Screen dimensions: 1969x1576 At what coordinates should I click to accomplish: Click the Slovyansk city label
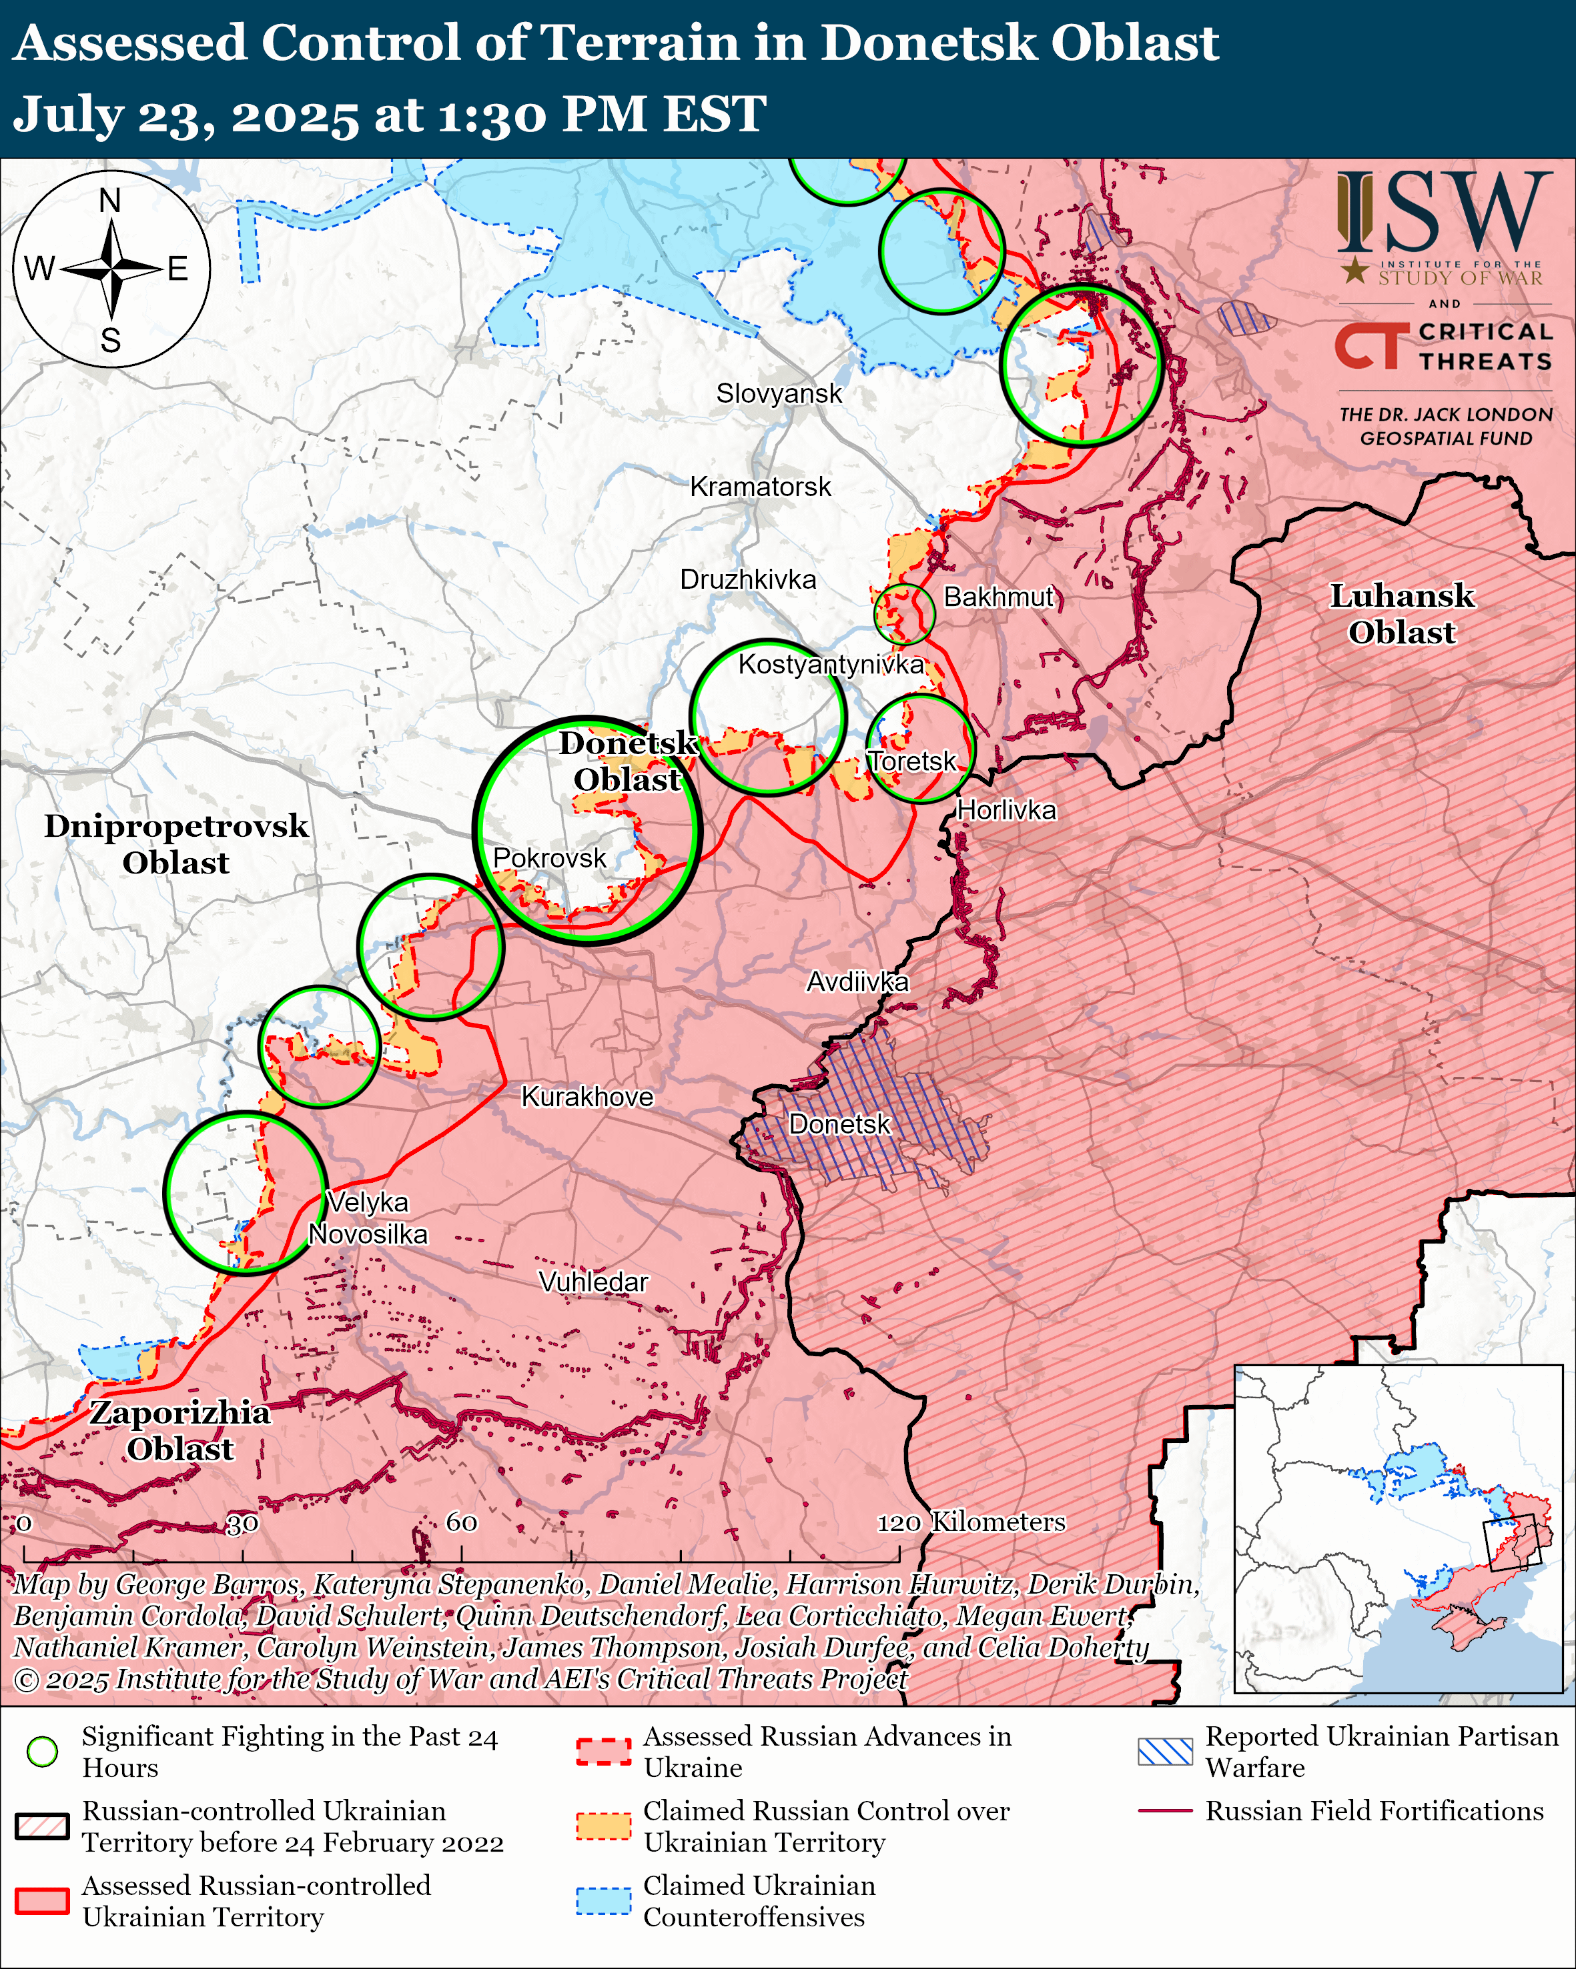[779, 393]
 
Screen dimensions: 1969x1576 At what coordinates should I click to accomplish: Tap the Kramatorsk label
[760, 487]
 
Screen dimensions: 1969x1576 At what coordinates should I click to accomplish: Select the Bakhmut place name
[999, 597]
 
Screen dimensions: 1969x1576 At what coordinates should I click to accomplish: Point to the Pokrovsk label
[549, 858]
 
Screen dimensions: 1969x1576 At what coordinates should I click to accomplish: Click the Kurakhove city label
[586, 1097]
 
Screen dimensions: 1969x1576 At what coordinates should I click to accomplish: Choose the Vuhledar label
[593, 1282]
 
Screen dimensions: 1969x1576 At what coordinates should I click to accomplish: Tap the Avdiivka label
[857, 981]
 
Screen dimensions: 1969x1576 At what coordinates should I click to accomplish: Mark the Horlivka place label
[1006, 810]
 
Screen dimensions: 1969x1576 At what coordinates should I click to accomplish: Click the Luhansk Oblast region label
[1401, 613]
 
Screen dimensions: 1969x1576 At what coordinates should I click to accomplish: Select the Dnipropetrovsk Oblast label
[176, 844]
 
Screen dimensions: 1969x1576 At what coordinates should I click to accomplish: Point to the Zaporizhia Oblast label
[180, 1430]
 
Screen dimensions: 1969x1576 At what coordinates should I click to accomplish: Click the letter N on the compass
[109, 201]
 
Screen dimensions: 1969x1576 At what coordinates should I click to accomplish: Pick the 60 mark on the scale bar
[461, 1522]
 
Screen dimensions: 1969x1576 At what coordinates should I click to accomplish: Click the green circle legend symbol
[42, 1752]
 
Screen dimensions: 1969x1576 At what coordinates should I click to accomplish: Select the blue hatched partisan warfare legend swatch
[1165, 1752]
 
